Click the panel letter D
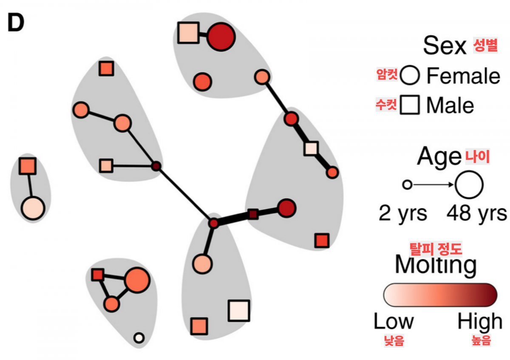point(16,24)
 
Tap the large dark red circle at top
point(221,37)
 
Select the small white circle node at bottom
point(138,338)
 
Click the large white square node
point(238,311)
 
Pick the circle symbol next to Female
point(410,76)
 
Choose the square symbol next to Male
point(410,105)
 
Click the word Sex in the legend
point(445,45)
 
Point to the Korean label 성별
point(485,46)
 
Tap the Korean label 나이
point(477,157)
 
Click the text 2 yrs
point(403,213)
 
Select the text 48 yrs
point(476,213)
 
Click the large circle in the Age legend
point(469,185)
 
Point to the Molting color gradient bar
point(440,294)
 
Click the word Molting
point(436,265)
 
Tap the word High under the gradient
point(479,322)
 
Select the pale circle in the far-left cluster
point(33,209)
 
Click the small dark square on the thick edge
point(253,214)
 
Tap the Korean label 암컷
point(387,75)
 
